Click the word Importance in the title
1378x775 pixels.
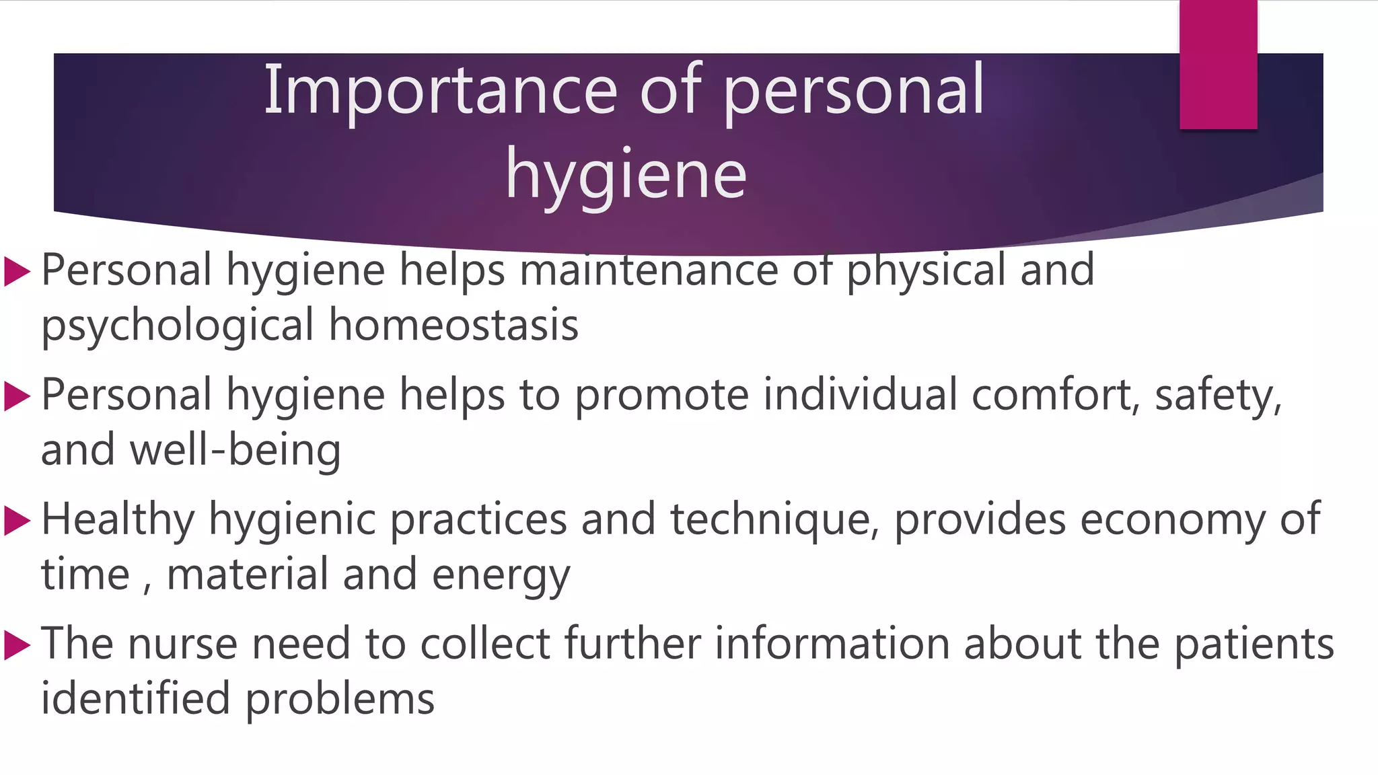click(x=440, y=90)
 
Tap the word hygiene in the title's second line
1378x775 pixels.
click(x=626, y=174)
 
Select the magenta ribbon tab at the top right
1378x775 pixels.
click(x=1218, y=65)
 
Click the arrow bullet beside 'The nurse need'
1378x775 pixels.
click(x=17, y=645)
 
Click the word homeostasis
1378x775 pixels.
click(x=454, y=325)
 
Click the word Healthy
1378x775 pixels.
click(x=118, y=520)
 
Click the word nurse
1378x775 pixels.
click(x=182, y=644)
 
